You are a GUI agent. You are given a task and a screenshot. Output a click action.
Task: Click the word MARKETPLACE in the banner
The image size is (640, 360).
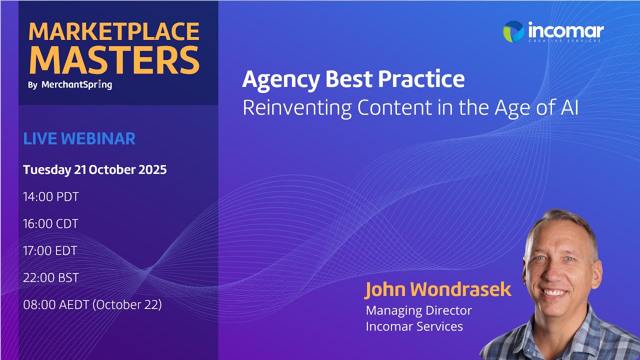114,32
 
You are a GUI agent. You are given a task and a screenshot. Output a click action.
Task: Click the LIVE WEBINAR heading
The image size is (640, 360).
79,139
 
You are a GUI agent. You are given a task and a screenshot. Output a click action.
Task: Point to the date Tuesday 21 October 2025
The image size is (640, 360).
94,170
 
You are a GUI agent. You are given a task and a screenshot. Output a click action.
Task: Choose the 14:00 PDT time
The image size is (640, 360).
51,197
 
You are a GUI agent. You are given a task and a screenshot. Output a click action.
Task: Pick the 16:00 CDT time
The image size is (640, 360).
50,224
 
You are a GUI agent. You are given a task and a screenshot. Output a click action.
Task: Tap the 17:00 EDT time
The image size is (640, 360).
50,251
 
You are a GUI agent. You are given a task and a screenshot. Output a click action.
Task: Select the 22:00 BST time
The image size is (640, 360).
51,278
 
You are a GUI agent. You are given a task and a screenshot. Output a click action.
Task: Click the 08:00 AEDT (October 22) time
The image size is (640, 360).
92,305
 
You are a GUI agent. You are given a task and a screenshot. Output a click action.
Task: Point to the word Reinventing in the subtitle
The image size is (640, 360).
297,108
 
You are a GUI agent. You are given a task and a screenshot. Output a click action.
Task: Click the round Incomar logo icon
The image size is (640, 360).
513,31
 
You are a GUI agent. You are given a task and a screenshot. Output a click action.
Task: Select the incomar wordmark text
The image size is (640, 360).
566,31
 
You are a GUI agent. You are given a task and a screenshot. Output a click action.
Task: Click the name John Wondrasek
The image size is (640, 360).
438,289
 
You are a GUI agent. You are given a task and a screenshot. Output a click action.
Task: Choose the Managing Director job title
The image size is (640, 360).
418,310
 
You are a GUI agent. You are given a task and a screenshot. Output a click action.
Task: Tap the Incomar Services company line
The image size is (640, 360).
414,327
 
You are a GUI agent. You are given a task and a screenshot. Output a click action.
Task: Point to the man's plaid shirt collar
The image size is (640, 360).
595,320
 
